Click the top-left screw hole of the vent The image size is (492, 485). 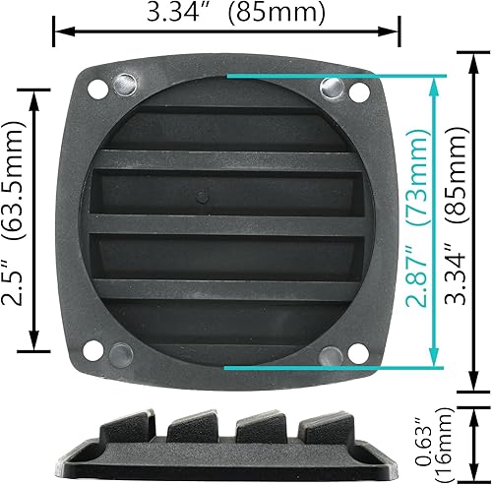[x=98, y=88]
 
